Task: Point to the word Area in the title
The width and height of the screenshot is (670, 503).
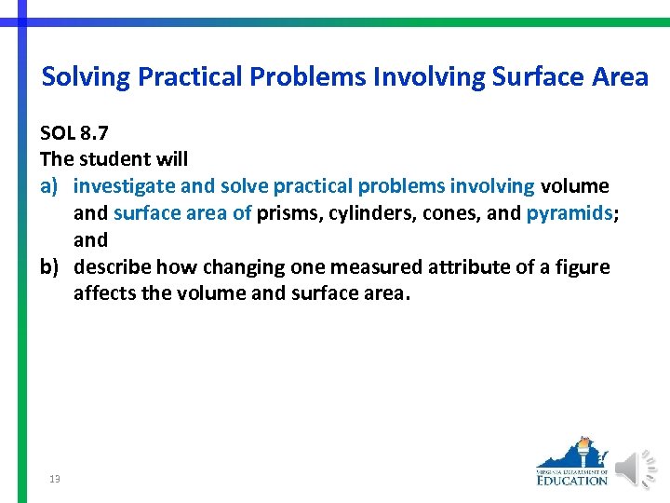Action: [x=617, y=76]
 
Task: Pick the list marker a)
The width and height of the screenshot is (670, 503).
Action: [x=51, y=186]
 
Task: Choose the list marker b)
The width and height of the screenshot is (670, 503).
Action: [x=51, y=267]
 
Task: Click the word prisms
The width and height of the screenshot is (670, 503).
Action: [x=287, y=213]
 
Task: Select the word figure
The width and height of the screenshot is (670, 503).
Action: [x=580, y=267]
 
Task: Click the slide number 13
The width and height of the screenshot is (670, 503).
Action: [x=55, y=479]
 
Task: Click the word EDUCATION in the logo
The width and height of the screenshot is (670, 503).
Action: [x=572, y=481]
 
